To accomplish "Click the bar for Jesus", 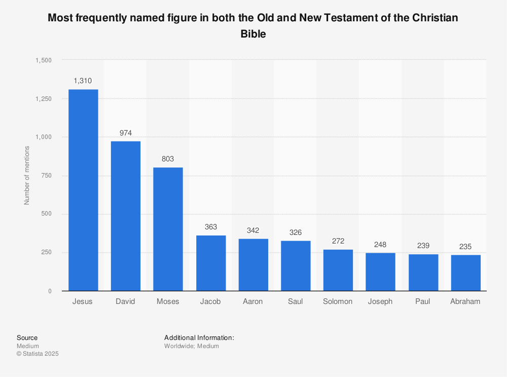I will (x=83, y=190).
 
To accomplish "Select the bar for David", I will (x=126, y=216).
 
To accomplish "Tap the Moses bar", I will (x=168, y=229).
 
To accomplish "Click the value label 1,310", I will (x=83, y=81).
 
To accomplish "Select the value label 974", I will (x=126, y=133).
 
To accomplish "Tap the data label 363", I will (x=210, y=227).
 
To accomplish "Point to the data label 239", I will (x=423, y=246).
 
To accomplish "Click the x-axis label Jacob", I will (x=210, y=301).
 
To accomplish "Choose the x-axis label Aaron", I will (x=253, y=301).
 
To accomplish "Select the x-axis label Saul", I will (x=295, y=301).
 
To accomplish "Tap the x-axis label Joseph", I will (x=380, y=301).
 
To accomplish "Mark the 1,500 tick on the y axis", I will (x=44, y=60).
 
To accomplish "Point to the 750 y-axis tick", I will (x=46, y=176).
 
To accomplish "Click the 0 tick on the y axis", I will (x=50, y=291).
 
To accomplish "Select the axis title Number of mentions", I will (x=27, y=175).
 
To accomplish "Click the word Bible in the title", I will (x=253, y=35).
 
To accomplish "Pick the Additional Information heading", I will (x=199, y=337).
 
